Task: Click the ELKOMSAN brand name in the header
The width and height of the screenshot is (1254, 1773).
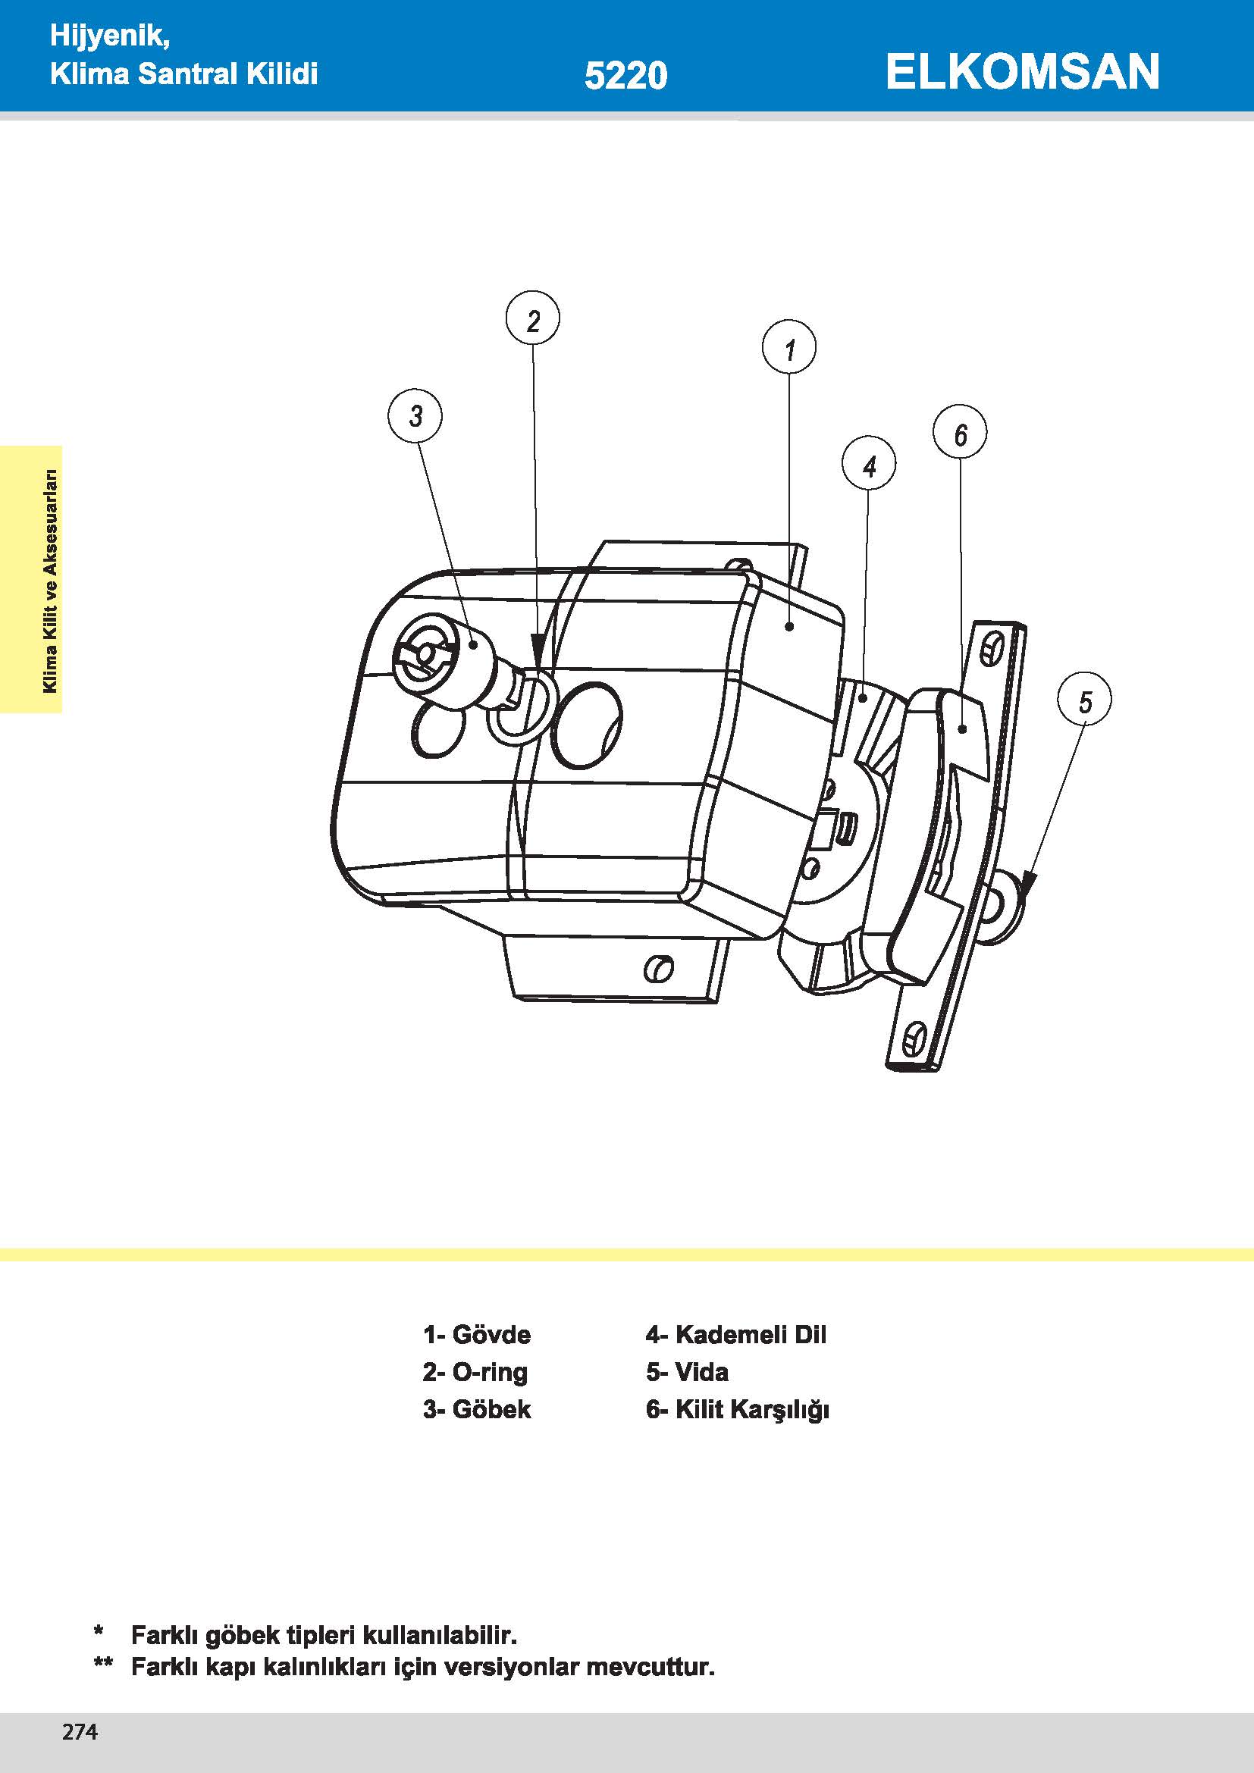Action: [1021, 72]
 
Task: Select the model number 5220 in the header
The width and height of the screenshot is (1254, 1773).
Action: [625, 76]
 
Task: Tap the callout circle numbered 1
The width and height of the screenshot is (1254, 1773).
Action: [788, 347]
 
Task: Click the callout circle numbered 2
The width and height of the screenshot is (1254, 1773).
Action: [533, 318]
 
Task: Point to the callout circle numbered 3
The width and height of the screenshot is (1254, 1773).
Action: [415, 415]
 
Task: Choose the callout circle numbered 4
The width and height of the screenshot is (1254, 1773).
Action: [869, 464]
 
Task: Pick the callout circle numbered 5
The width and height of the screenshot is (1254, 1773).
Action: [1084, 700]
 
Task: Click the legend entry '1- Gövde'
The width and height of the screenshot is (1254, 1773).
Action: [476, 1334]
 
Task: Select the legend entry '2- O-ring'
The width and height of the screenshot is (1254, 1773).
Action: [475, 1372]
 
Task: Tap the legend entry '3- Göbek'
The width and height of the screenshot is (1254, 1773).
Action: [476, 1409]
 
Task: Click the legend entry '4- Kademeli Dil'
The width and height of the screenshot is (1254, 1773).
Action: [736, 1334]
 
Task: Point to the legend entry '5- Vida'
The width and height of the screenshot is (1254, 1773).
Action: [687, 1372]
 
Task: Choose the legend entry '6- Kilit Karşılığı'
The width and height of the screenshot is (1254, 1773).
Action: [738, 1410]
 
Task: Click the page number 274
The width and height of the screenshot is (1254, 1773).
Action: [80, 1732]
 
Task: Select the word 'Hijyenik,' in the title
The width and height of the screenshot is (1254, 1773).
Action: [110, 36]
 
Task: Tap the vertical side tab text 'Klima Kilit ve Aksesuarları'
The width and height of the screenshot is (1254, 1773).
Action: [50, 581]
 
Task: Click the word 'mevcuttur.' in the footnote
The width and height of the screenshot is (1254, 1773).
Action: [651, 1666]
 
